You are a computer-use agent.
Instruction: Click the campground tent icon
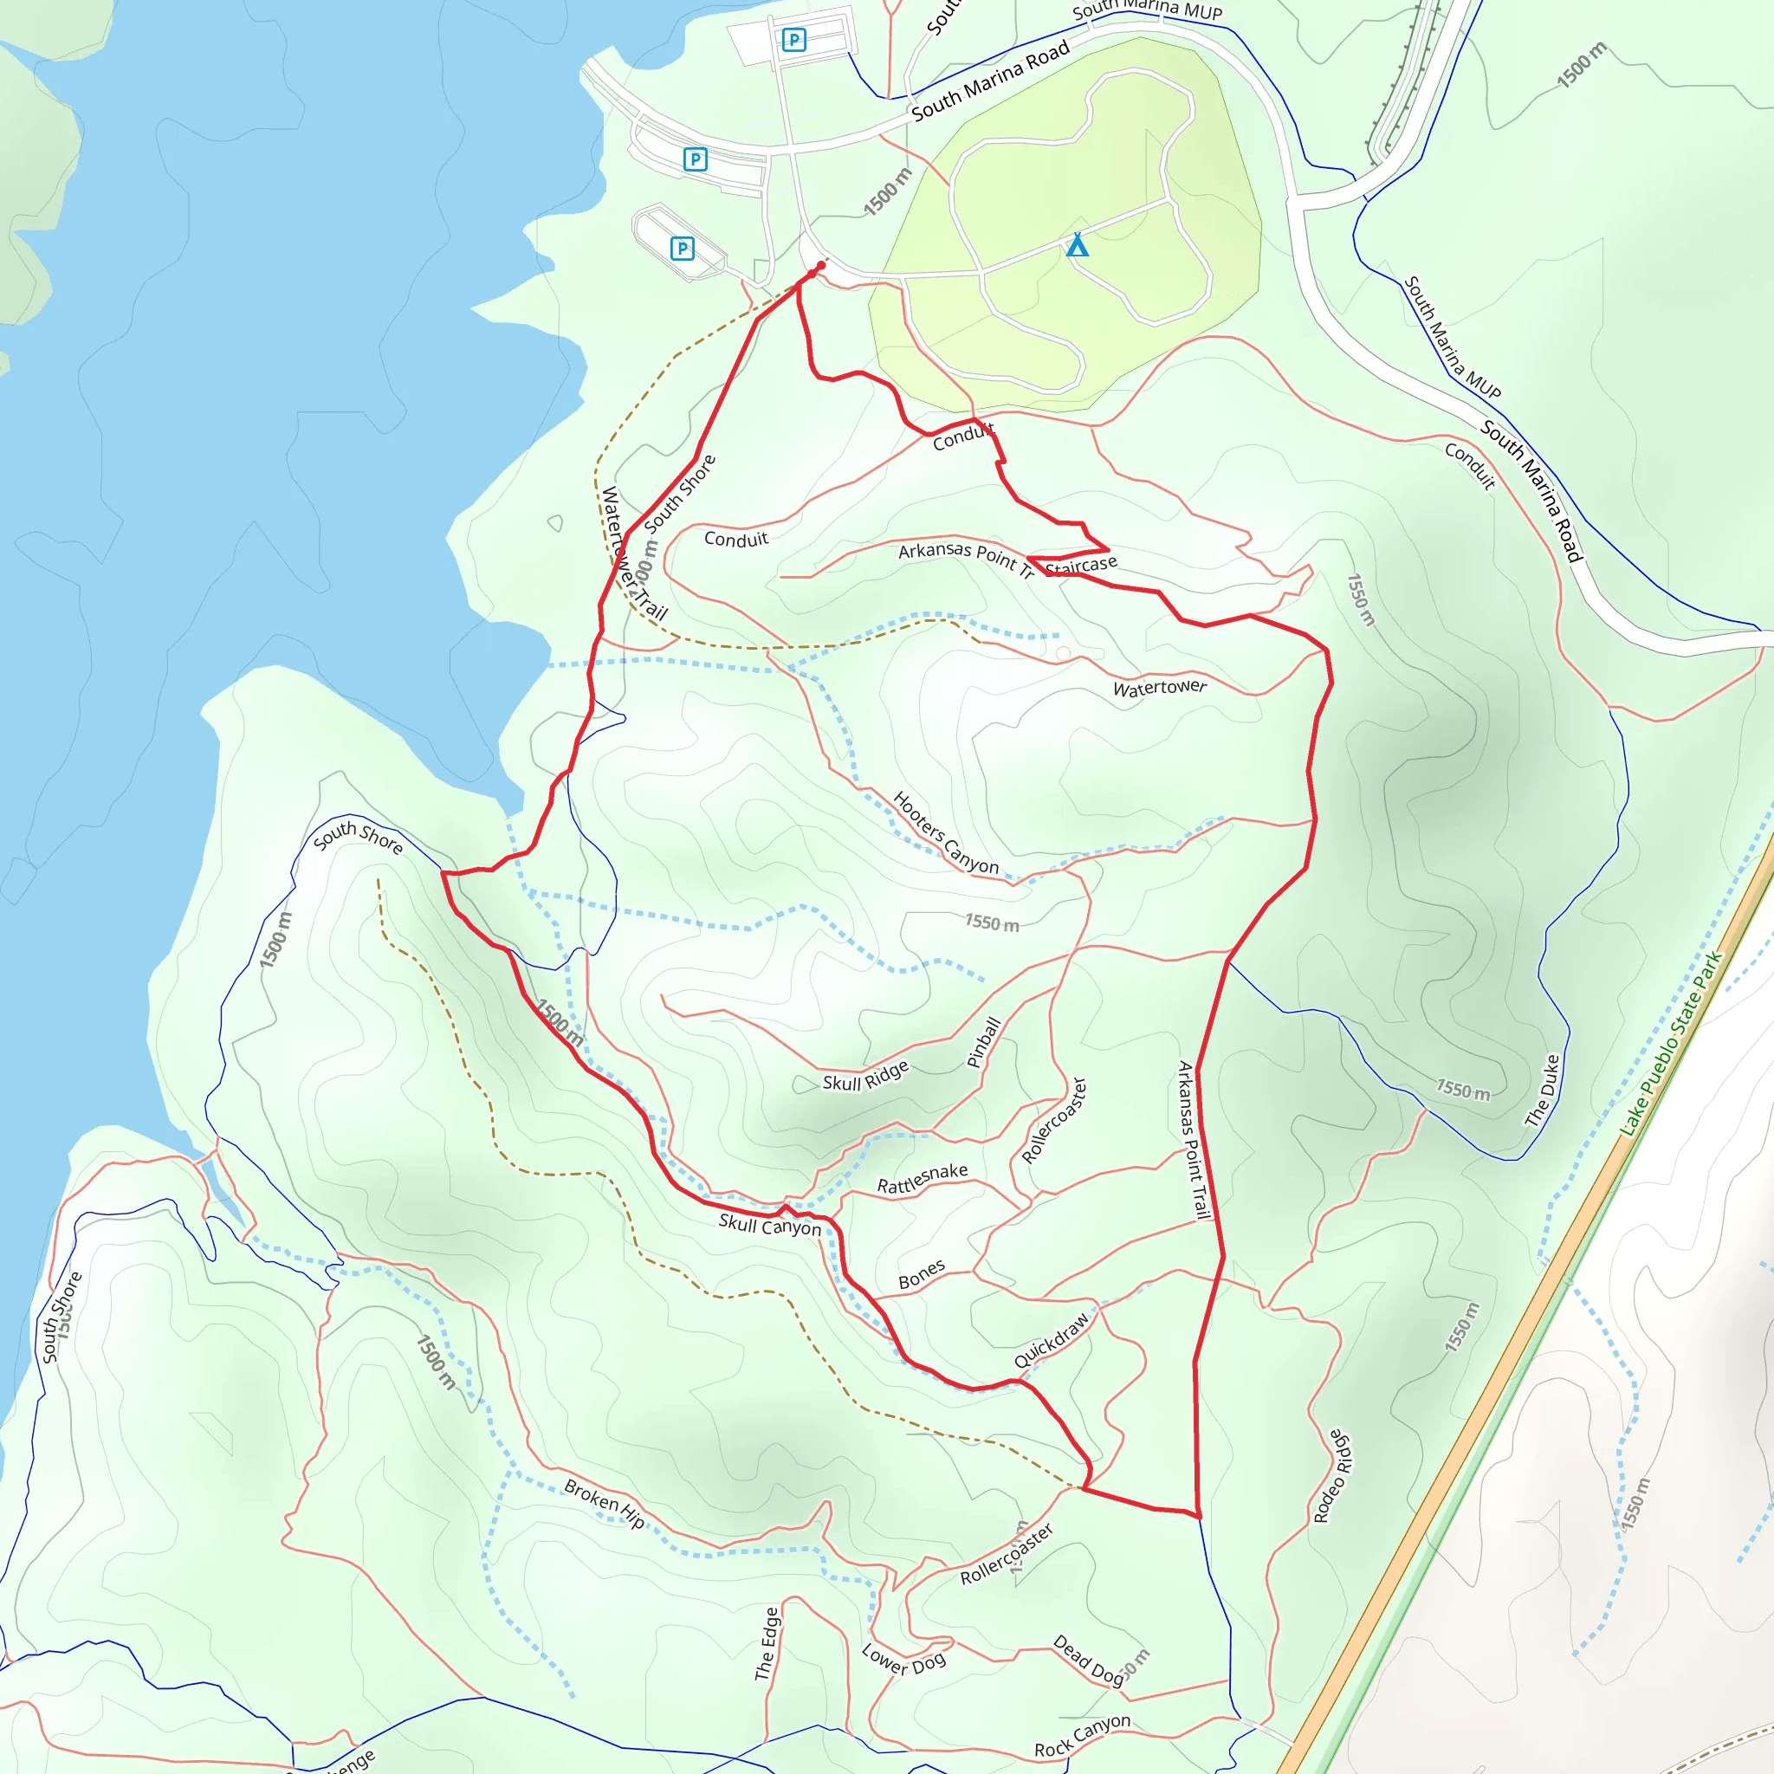(1077, 245)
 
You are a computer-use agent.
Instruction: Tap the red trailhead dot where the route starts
(820, 266)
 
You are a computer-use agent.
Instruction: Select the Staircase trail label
(1081, 565)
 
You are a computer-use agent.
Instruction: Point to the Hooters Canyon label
(945, 832)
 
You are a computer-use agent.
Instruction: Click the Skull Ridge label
(865, 1076)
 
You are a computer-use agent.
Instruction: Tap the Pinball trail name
(983, 1042)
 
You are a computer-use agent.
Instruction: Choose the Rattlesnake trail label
(922, 1178)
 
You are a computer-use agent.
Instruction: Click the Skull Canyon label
(769, 1225)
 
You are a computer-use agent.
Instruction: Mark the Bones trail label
(921, 1274)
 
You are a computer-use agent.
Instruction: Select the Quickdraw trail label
(1052, 1340)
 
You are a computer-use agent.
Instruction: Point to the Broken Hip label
(605, 1504)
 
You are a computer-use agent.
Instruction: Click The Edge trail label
(767, 1643)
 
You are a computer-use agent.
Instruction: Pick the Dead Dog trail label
(1088, 1659)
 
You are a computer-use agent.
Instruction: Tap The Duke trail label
(1543, 1091)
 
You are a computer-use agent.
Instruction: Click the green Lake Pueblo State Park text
(1671, 1044)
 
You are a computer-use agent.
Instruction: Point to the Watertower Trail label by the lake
(632, 553)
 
